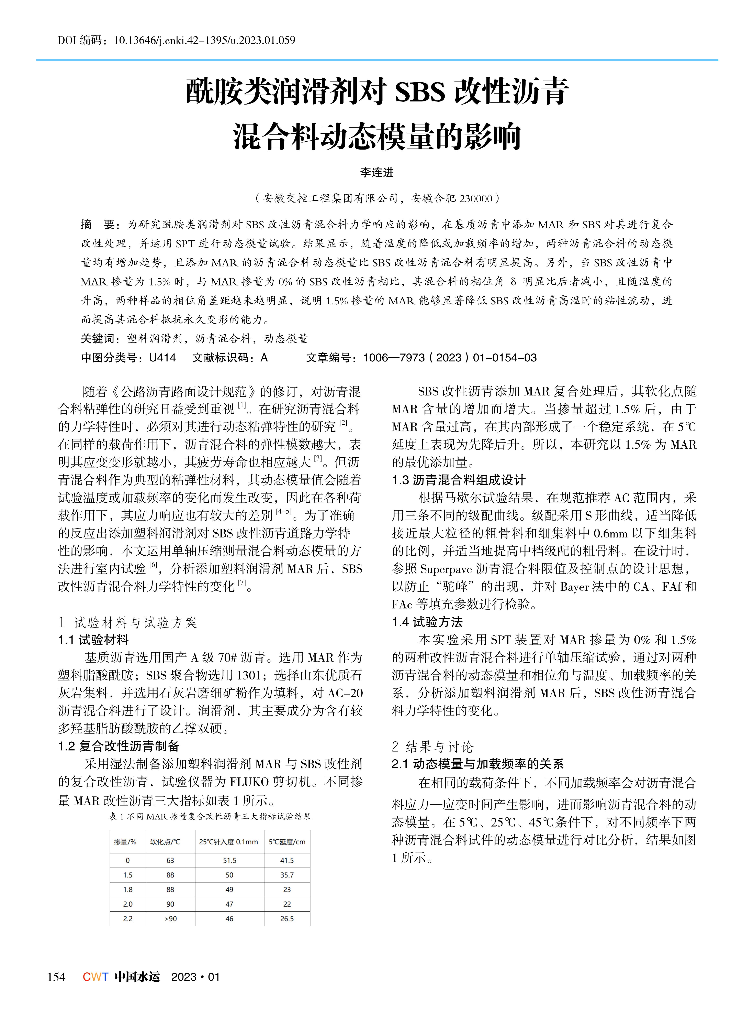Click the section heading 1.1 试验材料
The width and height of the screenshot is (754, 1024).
click(x=94, y=640)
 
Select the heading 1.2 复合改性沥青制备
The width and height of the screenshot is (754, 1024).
click(x=119, y=746)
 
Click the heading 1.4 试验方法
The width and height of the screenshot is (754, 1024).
click(x=427, y=622)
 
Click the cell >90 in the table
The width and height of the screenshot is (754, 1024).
click(x=170, y=918)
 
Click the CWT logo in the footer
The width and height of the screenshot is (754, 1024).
click(x=95, y=977)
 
